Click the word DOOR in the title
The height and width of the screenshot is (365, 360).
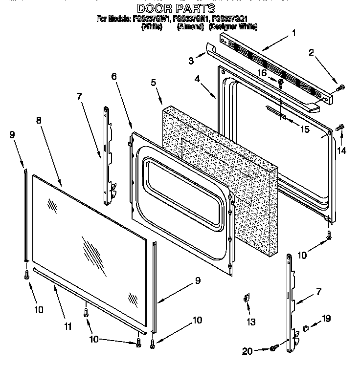pyautogui.click(x=152, y=8)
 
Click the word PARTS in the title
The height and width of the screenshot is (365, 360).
pyautogui.click(x=196, y=8)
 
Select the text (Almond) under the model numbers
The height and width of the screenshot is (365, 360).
pyautogui.click(x=190, y=27)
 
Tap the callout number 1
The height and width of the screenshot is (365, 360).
pyautogui.click(x=293, y=33)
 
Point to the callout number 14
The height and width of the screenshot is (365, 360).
pyautogui.click(x=341, y=151)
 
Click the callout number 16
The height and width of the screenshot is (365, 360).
pyautogui.click(x=262, y=73)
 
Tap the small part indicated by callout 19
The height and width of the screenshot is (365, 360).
pyautogui.click(x=306, y=328)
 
